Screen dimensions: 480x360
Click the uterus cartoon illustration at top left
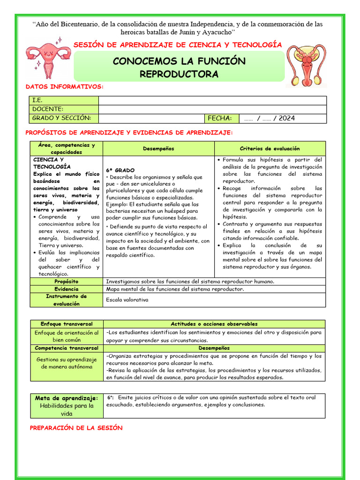coord(48,59)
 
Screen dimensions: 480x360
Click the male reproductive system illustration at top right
coord(307,65)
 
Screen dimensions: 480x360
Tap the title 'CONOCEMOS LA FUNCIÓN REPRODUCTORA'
coord(179,67)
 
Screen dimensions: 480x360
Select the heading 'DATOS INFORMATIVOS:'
coord(64,87)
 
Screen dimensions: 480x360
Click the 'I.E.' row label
coord(37,100)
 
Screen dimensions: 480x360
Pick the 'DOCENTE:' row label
coord(47,109)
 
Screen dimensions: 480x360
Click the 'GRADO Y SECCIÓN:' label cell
coord(61,118)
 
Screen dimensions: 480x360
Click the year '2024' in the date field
coord(287,118)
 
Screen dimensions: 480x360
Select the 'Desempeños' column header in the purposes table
coord(158,149)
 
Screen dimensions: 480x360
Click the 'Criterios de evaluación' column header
coord(270,149)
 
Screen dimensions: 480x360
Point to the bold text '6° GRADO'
coord(120,170)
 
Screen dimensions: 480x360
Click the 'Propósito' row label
coord(66,281)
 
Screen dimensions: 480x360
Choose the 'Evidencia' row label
coord(66,289)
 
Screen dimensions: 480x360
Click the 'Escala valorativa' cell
coord(127,300)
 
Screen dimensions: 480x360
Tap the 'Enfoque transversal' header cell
coord(66,324)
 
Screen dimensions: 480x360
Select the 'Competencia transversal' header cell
coord(66,348)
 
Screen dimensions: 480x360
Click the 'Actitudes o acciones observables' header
coord(214,324)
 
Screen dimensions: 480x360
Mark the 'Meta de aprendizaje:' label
coord(67,398)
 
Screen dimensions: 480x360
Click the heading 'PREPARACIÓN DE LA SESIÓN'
coord(76,427)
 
